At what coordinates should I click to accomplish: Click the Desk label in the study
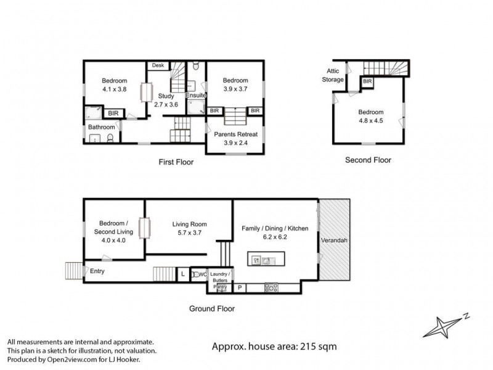[158, 65]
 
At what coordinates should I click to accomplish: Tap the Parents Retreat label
[235, 134]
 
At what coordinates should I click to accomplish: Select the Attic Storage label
[333, 75]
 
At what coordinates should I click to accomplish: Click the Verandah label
[334, 240]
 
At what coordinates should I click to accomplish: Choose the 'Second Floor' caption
[368, 160]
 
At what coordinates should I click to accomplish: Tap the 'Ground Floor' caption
[213, 308]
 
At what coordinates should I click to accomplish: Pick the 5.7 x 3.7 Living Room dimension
[189, 232]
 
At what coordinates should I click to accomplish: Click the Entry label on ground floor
[97, 271]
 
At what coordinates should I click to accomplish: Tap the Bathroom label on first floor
[101, 127]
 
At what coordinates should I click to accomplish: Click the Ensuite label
[196, 95]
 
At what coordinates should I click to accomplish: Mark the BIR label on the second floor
[367, 81]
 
